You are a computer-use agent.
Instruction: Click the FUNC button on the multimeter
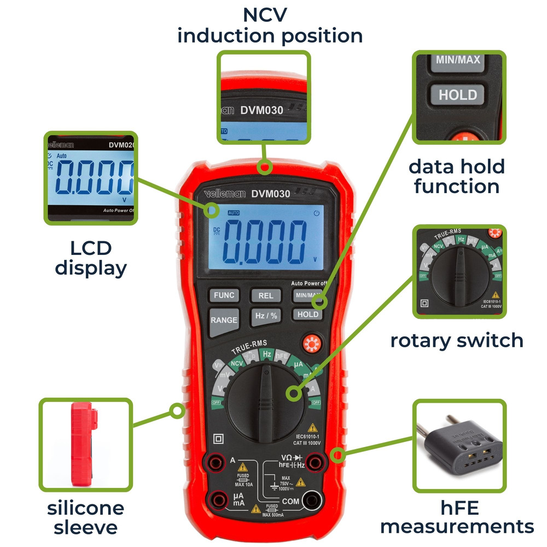coord(224,295)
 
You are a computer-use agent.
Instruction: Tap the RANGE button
coord(224,320)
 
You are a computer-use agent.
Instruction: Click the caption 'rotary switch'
coord(457,340)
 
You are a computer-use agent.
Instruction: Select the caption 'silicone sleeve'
coord(85,517)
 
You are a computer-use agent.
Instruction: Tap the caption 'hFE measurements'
coord(457,517)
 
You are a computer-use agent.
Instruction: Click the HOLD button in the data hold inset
coord(457,95)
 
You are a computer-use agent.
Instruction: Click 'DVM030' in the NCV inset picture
coord(261,110)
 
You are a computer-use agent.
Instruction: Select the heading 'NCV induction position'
coord(270,25)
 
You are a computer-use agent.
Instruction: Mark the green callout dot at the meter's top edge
coord(266,166)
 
